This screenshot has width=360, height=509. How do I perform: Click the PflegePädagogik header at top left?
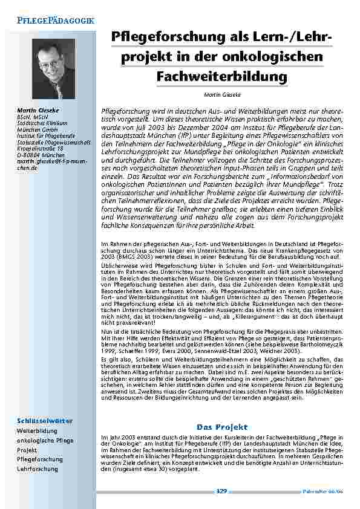(x=51, y=21)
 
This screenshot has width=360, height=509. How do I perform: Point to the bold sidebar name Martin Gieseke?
(x=38, y=109)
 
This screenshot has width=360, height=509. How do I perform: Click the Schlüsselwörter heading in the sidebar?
(x=45, y=420)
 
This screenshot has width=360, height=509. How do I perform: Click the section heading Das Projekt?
(x=222, y=427)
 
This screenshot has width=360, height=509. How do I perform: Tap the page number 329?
(x=221, y=491)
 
